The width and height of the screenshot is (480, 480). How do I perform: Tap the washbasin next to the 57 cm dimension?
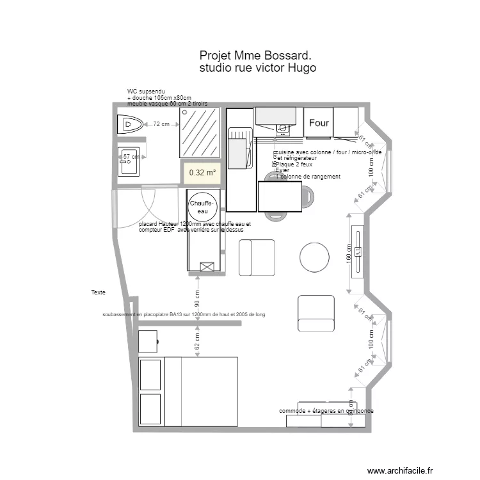[x=129, y=161]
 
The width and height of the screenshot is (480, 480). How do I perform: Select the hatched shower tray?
[x=199, y=132]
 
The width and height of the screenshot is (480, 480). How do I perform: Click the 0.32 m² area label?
[x=202, y=172]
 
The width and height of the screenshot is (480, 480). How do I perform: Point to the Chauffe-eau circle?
[x=203, y=207]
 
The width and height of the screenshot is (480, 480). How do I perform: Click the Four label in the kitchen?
[x=319, y=122]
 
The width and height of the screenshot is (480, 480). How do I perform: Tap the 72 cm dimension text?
[x=161, y=124]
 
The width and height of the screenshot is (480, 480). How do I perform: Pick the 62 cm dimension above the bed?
[x=198, y=342]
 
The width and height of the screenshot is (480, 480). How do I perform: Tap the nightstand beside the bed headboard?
[x=148, y=342]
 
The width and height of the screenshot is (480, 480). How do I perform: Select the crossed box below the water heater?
[x=207, y=266]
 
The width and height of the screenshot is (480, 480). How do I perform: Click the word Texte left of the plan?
[x=98, y=292]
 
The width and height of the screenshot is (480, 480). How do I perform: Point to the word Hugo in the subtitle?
[x=302, y=68]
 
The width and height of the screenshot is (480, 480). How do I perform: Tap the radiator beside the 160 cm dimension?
[x=358, y=252]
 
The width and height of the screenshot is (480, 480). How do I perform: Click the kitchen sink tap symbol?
[x=281, y=129]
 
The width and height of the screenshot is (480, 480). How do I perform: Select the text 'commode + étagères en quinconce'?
[x=326, y=410]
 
